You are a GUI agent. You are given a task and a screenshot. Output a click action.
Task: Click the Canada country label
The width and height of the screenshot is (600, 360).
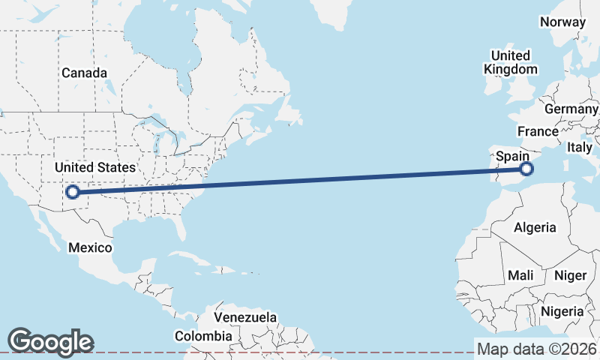point(84,73)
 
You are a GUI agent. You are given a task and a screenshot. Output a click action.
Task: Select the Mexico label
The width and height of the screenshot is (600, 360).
point(90,247)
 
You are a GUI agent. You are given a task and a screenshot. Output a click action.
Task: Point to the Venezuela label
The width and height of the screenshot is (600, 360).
point(245,317)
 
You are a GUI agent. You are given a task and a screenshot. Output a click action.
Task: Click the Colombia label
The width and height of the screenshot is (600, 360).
point(203,336)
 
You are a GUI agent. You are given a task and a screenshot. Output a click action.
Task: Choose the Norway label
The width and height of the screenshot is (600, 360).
point(562,22)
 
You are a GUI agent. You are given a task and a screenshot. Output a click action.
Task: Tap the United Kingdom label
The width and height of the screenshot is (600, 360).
point(511,62)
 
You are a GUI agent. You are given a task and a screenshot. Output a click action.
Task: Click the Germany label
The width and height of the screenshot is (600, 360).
point(571,109)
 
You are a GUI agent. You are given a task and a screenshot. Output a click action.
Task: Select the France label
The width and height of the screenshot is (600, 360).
point(538,131)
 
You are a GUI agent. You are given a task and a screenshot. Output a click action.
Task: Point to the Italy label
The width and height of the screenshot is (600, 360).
point(580,147)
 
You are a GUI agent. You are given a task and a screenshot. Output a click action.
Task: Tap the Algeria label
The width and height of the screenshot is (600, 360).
point(535,227)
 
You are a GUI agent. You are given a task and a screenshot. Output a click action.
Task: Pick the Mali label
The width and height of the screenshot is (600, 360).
point(520,275)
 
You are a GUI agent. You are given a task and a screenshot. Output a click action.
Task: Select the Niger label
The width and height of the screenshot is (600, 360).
point(570,275)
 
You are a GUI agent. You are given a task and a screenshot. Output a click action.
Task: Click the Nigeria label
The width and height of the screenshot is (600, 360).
point(562,310)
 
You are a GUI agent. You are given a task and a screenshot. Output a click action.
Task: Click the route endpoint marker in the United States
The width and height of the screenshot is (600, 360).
point(73,192)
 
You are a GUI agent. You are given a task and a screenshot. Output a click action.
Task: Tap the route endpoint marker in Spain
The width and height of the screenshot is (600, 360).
point(526,169)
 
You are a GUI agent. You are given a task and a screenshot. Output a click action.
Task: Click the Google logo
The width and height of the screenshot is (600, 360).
point(50,341)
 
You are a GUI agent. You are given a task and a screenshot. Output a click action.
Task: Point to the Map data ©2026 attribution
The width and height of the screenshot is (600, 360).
point(537,349)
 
